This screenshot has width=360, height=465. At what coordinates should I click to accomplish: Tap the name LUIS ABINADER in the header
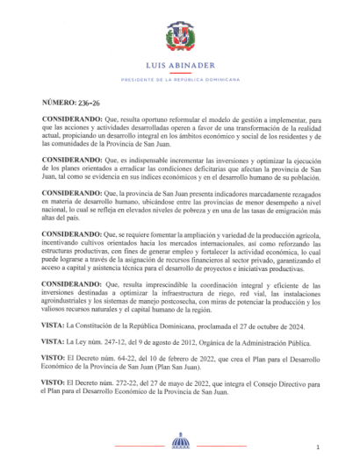coord(179,68)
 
